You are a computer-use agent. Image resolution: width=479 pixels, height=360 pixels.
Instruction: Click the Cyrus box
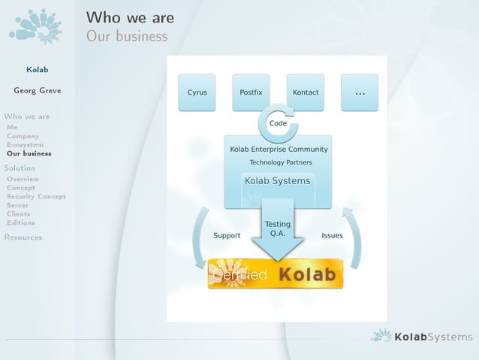pos(197,92)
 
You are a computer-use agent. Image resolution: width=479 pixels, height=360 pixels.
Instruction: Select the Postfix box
pos(251,92)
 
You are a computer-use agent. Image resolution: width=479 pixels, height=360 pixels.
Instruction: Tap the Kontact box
pos(306,92)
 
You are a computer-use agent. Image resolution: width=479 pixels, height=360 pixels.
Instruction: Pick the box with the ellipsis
pos(360,92)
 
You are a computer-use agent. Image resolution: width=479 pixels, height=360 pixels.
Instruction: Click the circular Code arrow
pos(278,123)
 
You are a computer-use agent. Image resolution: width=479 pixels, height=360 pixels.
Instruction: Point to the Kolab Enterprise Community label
pos(279,149)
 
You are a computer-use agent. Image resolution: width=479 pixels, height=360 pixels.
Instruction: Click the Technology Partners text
pos(281,162)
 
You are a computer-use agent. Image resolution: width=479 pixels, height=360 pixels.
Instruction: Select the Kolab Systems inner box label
pos(277,180)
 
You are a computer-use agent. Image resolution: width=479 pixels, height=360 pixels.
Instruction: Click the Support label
pos(227,235)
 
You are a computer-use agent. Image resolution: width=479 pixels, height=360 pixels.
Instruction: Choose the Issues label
pos(332,235)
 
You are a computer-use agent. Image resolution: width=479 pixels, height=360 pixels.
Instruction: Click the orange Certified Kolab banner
pos(276,274)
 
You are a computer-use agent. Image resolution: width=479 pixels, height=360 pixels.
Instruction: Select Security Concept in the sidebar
pos(36,196)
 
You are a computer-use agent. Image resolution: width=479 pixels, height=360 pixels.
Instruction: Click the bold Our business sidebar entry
pos(29,153)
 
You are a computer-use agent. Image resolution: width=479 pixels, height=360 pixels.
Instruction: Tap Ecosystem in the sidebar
pos(25,144)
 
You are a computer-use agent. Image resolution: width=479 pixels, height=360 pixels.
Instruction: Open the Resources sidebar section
pos(23,237)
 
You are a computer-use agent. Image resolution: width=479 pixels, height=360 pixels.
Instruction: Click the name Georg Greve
pos(38,91)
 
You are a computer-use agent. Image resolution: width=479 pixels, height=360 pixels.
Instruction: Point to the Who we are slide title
pos(130,17)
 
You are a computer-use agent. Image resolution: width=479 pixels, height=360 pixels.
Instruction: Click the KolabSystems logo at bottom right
pos(422,337)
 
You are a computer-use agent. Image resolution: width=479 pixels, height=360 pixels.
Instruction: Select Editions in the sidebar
pos(21,222)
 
